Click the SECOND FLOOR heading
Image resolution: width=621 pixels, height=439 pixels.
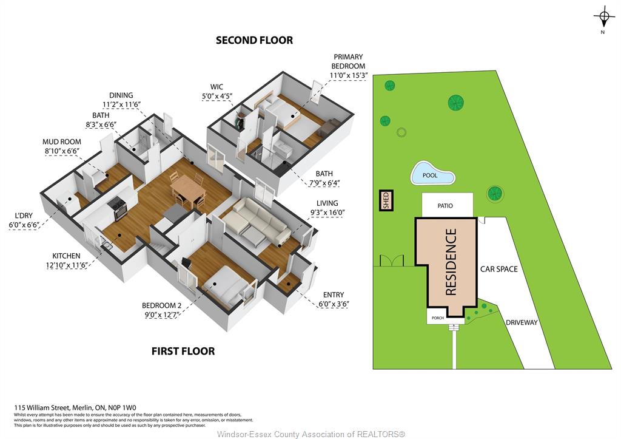[254, 40]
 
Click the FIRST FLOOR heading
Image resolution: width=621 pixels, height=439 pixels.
[183, 351]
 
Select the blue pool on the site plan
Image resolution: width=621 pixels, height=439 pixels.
[432, 173]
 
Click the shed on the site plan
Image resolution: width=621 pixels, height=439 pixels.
[386, 200]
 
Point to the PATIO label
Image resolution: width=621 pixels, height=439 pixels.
[445, 206]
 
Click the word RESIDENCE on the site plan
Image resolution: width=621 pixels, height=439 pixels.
[451, 262]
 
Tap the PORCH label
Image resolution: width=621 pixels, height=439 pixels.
[438, 318]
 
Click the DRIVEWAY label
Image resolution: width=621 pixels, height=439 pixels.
[522, 322]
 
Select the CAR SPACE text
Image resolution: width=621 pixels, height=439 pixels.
[498, 269]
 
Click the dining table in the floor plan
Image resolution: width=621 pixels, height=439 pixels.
[188, 189]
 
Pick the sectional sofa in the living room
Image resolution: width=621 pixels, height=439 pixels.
[255, 221]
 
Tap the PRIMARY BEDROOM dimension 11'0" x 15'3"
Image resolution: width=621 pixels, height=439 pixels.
[349, 75]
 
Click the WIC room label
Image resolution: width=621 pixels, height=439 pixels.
[217, 87]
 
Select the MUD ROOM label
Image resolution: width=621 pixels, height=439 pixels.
[62, 141]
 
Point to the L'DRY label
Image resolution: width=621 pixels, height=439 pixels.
[24, 216]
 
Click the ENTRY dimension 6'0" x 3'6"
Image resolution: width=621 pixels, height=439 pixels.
[334, 304]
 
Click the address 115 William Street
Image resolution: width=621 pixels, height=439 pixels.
[42, 407]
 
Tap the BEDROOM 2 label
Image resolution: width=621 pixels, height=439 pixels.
[161, 305]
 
